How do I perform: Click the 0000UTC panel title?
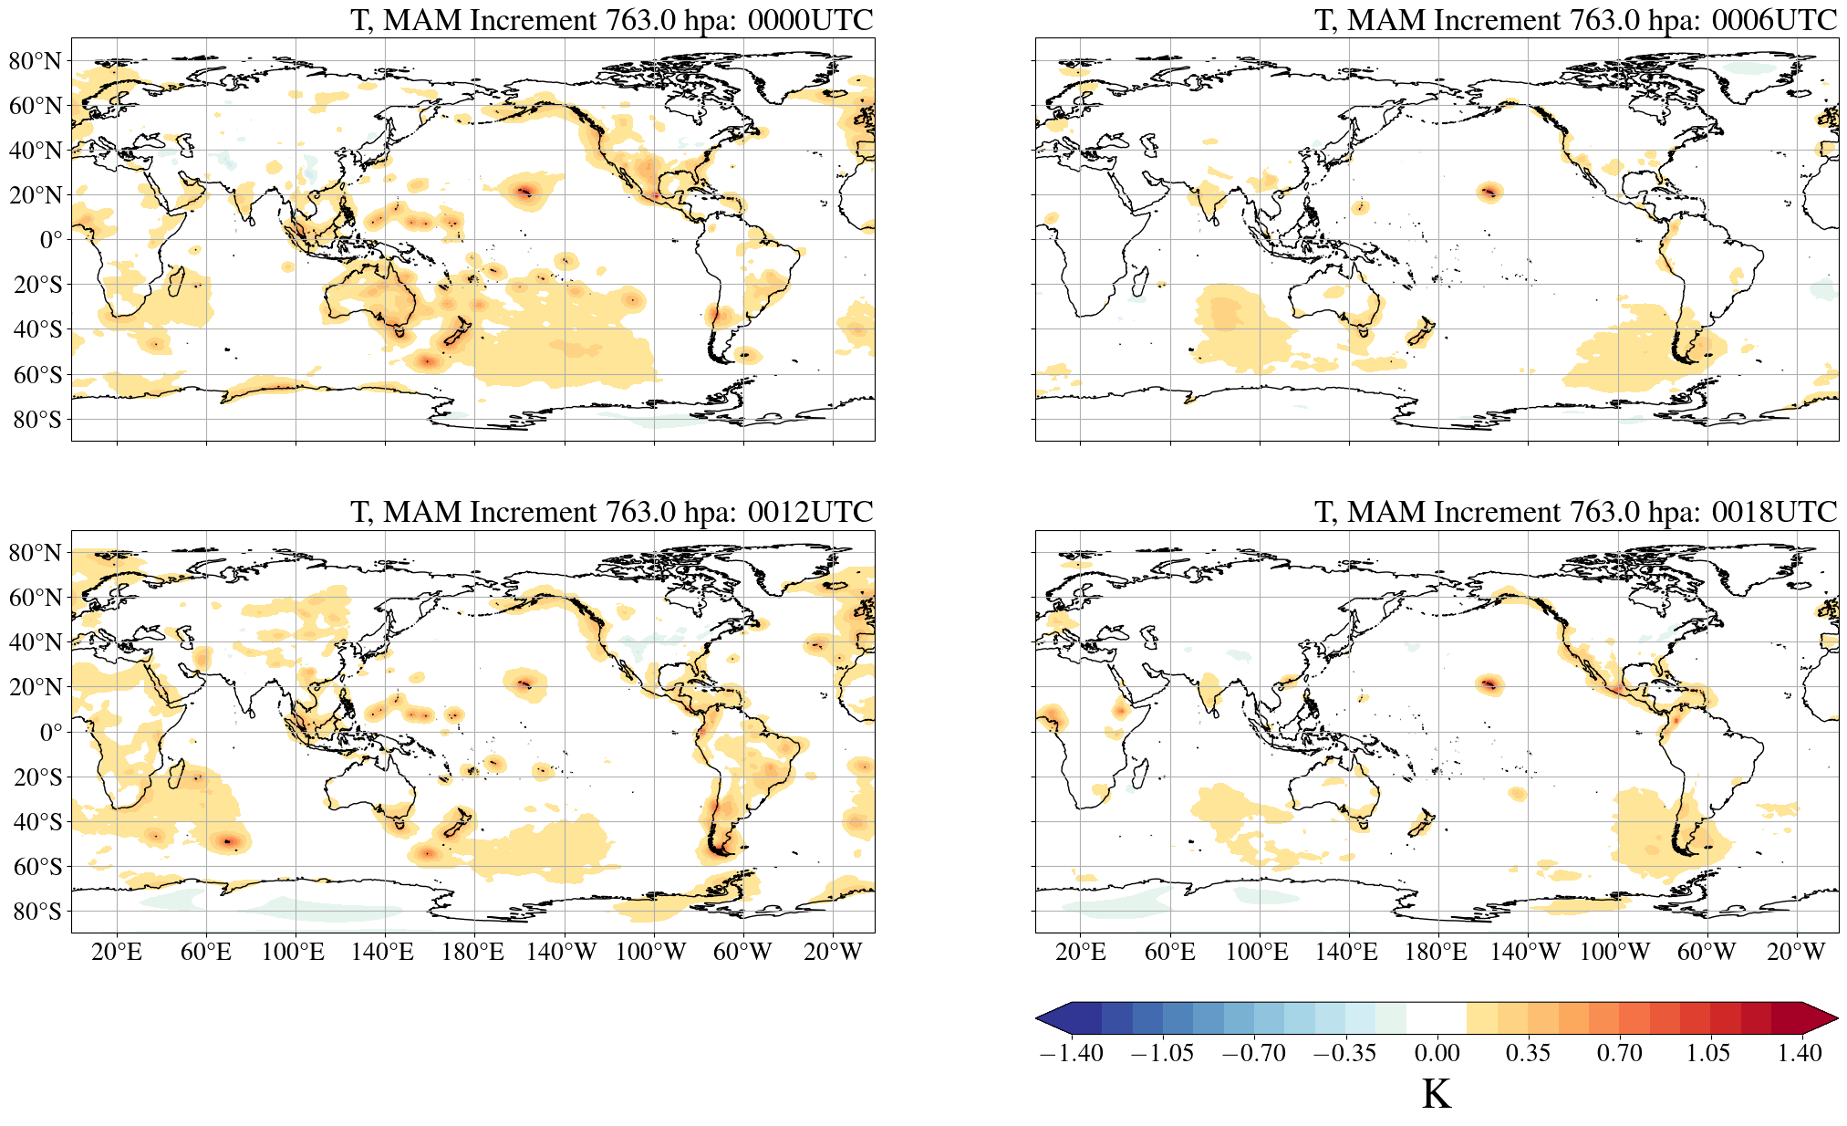point(611,20)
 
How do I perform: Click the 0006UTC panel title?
point(1575,20)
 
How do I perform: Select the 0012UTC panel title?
point(611,512)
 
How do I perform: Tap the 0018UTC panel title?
point(1575,512)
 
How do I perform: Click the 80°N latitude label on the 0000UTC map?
point(36,61)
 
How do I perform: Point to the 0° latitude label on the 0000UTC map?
point(51,240)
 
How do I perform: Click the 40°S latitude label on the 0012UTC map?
point(37,821)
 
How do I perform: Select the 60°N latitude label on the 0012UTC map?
point(36,598)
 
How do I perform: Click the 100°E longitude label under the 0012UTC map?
point(293,953)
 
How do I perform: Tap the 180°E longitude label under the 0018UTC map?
point(1436,953)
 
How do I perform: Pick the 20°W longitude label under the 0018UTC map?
point(1795,953)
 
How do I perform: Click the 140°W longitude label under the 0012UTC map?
point(561,953)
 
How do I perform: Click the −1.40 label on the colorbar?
point(1071,1053)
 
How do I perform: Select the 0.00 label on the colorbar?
point(1437,1053)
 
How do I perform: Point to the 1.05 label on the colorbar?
point(1707,1053)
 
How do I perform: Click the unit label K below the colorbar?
point(1436,1093)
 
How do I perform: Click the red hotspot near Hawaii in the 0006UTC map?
point(1489,192)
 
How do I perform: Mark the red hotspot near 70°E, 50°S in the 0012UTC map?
point(227,840)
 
